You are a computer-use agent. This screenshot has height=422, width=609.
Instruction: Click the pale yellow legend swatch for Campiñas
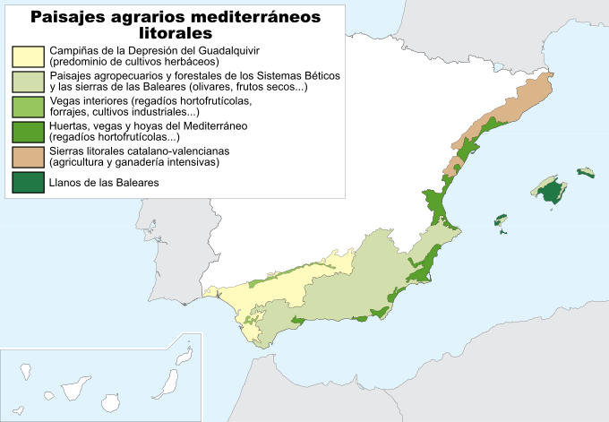[x=29, y=56]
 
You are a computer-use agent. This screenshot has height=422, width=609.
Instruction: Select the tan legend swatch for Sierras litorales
[x=29, y=157]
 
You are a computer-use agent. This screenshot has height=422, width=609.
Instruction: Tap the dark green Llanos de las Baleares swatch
[x=29, y=183]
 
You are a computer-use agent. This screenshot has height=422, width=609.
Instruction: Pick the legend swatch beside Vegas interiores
[x=29, y=107]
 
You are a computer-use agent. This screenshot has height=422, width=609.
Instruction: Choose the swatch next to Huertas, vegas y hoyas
[x=29, y=132]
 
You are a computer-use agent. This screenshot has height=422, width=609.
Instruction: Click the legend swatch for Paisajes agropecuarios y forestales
[x=29, y=82]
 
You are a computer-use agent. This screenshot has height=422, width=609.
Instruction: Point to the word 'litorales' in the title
[x=176, y=33]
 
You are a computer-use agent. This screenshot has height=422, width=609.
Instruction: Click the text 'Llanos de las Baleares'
[x=104, y=183]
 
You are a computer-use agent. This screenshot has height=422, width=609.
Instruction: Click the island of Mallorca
[x=548, y=189]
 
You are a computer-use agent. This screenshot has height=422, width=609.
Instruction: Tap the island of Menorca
[x=586, y=171]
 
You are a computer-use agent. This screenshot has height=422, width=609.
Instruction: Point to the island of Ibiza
[x=500, y=220]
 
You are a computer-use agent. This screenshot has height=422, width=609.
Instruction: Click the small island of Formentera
[x=502, y=233]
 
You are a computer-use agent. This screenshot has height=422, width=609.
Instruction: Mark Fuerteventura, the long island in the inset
[x=167, y=384]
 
